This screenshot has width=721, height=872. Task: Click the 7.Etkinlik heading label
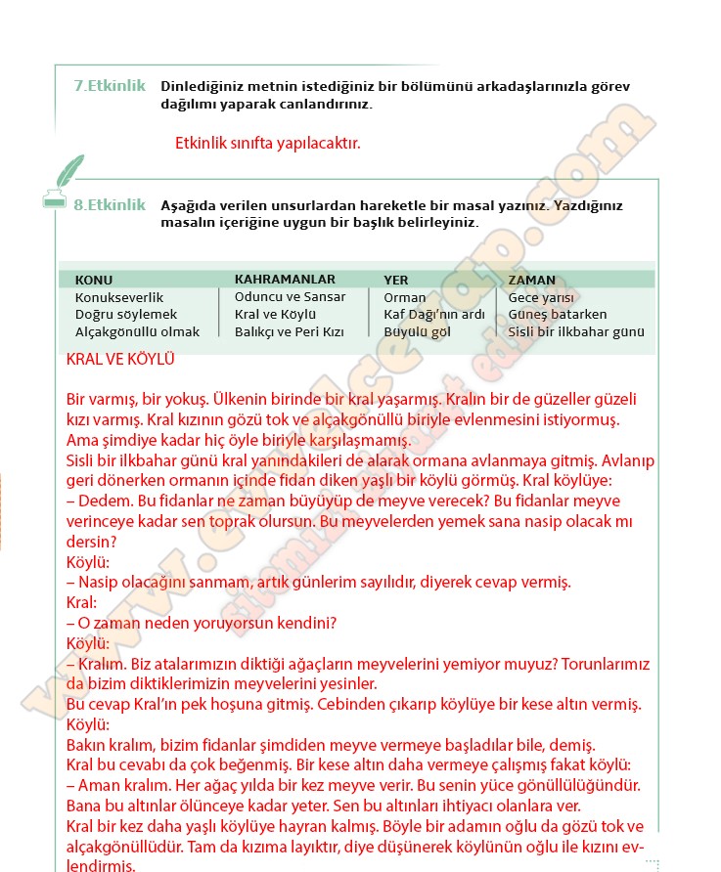click(x=110, y=86)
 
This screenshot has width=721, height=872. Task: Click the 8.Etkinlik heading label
click(x=110, y=205)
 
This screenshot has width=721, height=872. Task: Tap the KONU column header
click(x=94, y=280)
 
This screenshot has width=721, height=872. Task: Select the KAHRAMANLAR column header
click(x=285, y=279)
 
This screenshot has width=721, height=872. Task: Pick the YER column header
click(x=396, y=280)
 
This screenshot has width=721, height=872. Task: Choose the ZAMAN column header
click(x=531, y=280)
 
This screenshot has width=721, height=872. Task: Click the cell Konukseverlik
click(x=119, y=297)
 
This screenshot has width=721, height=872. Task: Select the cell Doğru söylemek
click(x=126, y=315)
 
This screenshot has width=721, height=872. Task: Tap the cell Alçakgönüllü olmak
click(x=137, y=331)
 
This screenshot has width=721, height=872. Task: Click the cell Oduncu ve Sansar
click(x=290, y=296)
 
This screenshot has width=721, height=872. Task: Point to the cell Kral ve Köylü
click(x=275, y=314)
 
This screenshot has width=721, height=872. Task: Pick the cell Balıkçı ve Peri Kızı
click(x=290, y=331)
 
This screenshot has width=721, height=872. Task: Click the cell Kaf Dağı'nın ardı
click(x=434, y=315)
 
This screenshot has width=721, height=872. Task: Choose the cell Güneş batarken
click(x=558, y=315)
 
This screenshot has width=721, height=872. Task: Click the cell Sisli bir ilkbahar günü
click(x=576, y=331)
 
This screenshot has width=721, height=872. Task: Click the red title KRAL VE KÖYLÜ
click(x=120, y=360)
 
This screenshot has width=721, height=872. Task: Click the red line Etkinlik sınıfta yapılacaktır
click(x=268, y=143)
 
